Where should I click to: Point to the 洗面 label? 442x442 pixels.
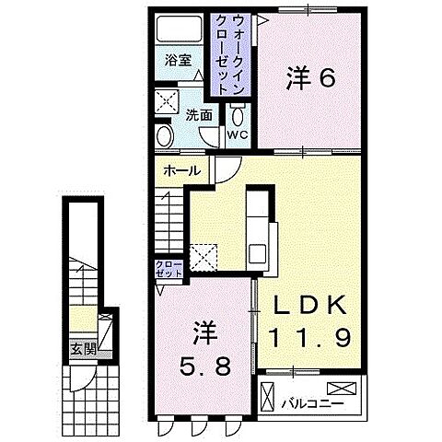pyautogui.click(x=199, y=116)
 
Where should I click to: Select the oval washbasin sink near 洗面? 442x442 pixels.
pyautogui.click(x=166, y=136)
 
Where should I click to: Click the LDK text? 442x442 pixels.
pyautogui.click(x=308, y=305)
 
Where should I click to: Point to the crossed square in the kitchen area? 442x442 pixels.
pyautogui.click(x=203, y=253)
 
